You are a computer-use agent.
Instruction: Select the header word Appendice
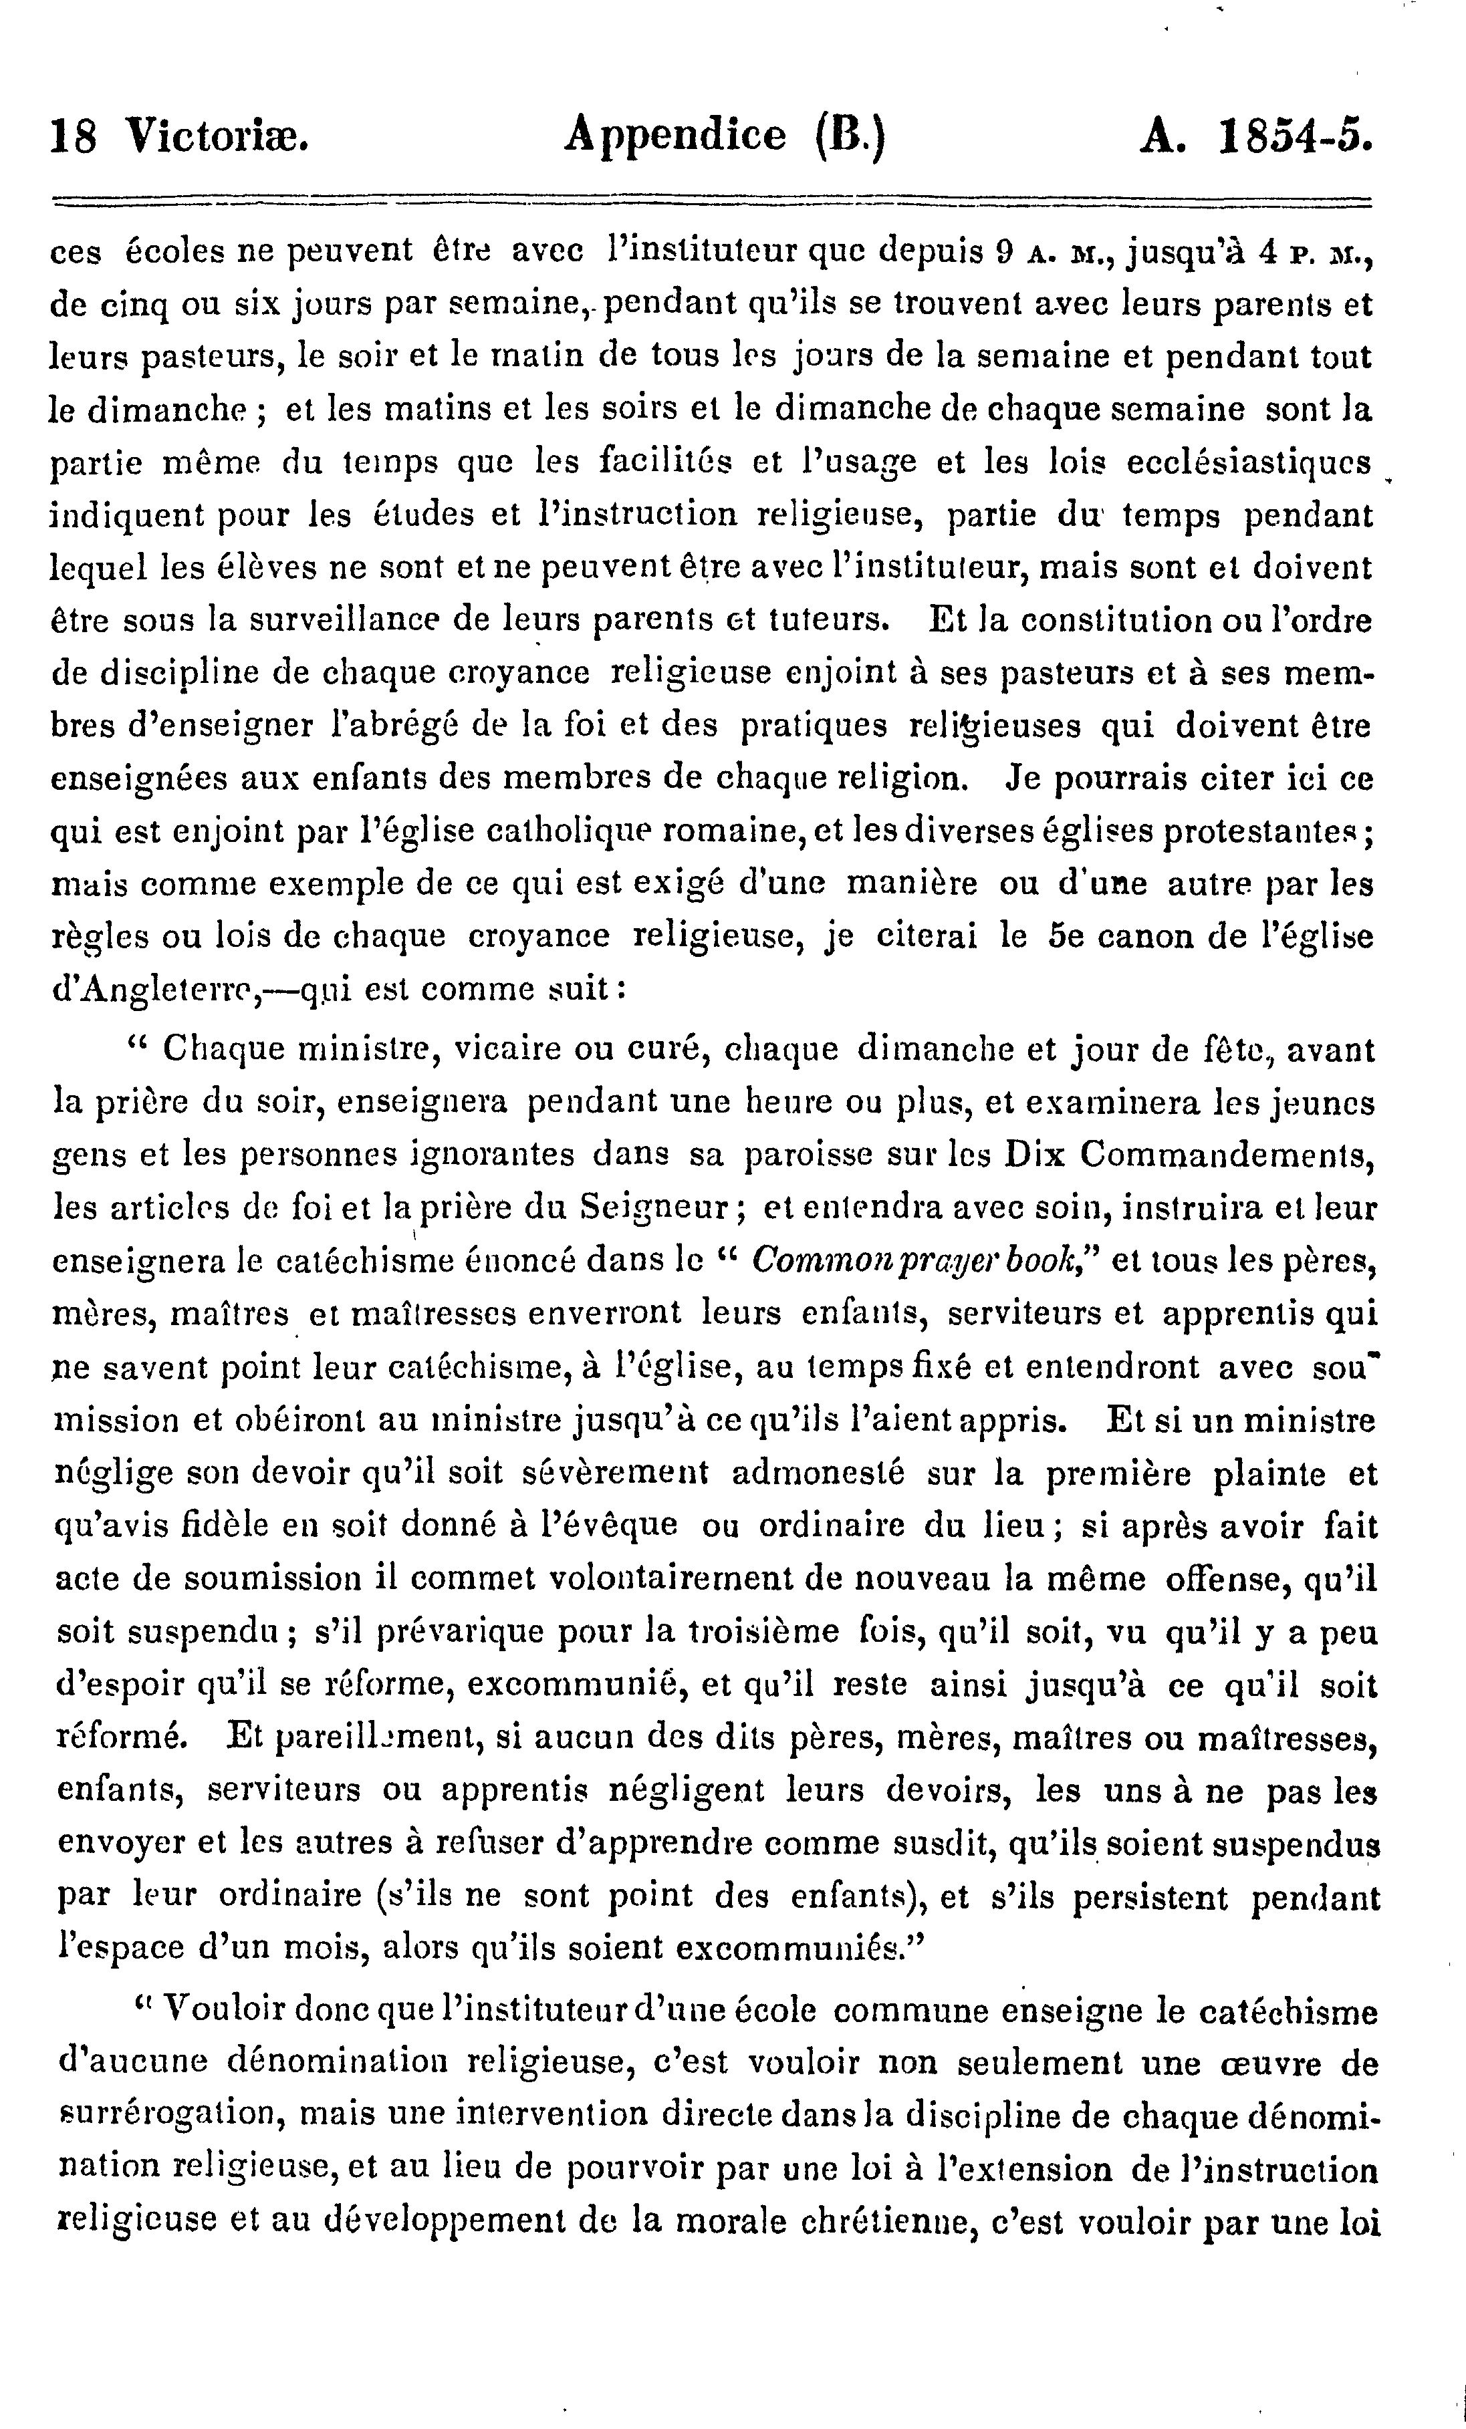[x=675, y=134]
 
